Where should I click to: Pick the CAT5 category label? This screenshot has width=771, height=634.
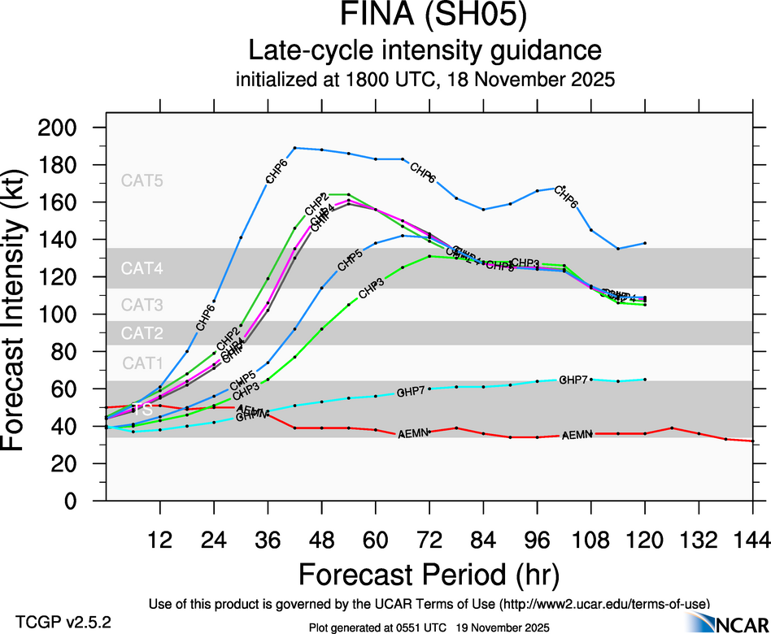[x=142, y=181]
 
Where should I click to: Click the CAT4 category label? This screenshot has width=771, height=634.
[x=142, y=268]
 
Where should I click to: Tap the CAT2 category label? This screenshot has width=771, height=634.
[x=142, y=332]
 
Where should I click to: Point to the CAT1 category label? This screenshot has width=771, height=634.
[x=142, y=363]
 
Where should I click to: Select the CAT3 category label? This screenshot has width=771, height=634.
[x=142, y=305]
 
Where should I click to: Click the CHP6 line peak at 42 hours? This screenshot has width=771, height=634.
[x=294, y=148]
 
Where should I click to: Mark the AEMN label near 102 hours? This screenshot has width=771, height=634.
[x=577, y=436]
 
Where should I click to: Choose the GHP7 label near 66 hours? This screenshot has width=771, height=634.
[x=412, y=393]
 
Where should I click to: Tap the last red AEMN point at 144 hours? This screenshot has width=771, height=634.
[x=752, y=441]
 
